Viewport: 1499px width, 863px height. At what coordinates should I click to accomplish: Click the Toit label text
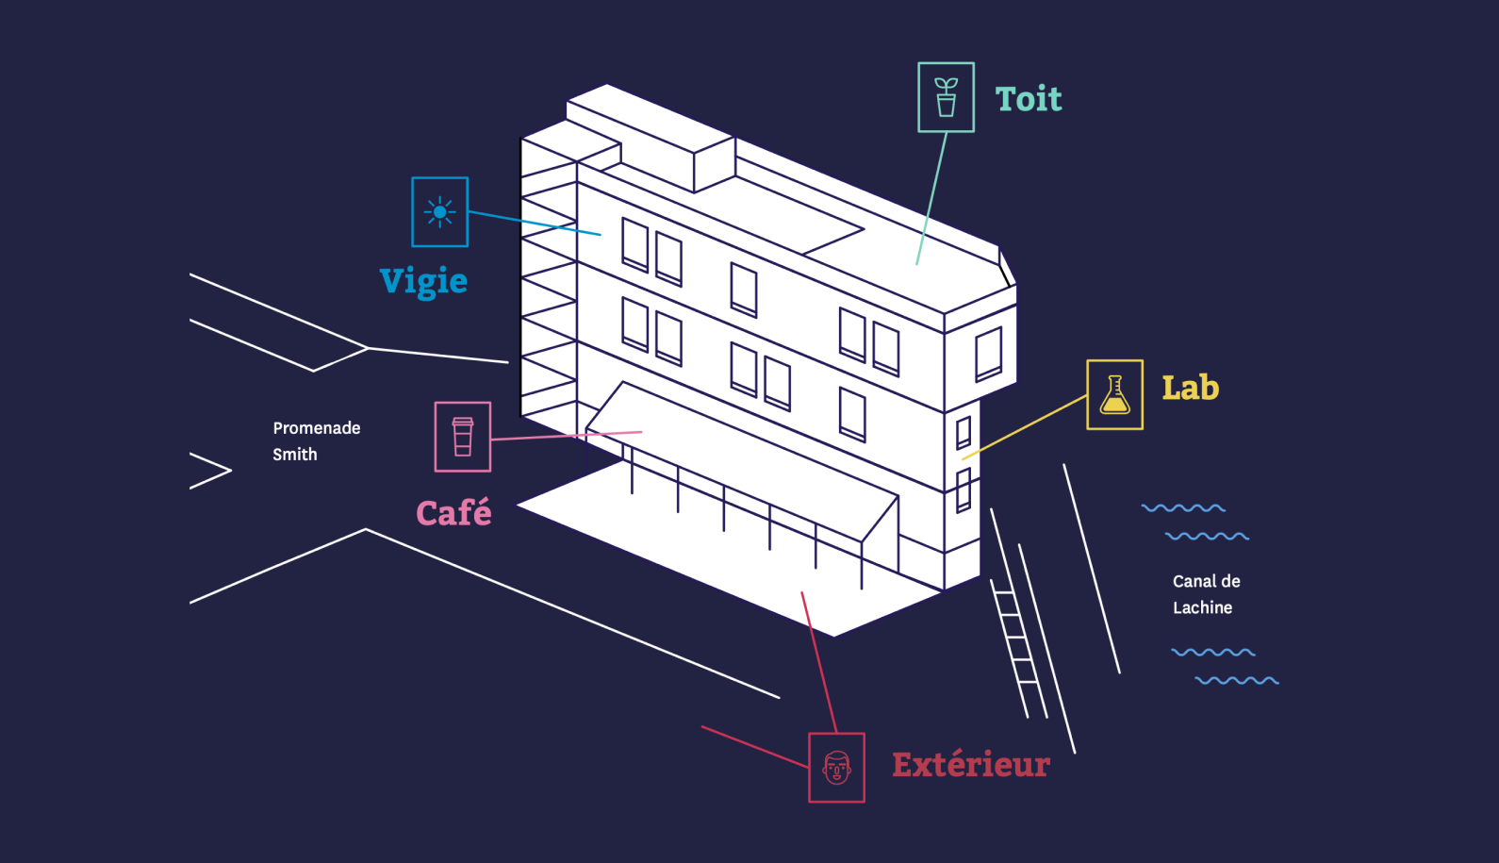[x=1028, y=99]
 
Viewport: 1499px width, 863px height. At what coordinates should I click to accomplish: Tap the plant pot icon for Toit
[x=946, y=97]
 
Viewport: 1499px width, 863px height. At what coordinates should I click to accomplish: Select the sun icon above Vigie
[x=439, y=212]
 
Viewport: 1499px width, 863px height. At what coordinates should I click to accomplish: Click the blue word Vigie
[x=423, y=281]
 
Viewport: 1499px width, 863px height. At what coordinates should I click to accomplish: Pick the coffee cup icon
[x=462, y=437]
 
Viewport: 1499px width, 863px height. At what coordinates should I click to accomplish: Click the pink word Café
[x=453, y=513]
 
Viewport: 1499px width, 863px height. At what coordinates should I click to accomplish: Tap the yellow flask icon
[x=1114, y=394]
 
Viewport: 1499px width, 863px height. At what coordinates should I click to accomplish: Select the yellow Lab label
[x=1190, y=388]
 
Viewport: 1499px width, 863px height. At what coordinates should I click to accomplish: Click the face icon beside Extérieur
[x=836, y=768]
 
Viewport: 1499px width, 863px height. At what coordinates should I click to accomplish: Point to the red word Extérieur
[x=971, y=764]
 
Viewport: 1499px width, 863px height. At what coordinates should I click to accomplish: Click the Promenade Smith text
[x=316, y=440]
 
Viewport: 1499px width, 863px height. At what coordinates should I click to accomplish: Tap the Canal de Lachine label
[x=1206, y=594]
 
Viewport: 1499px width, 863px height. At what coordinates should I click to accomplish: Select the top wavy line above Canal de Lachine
[x=1183, y=508]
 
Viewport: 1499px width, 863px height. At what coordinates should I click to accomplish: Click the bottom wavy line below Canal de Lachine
[x=1237, y=680]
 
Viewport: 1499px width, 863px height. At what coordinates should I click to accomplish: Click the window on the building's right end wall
[x=988, y=354]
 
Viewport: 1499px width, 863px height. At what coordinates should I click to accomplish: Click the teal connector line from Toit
[x=931, y=198]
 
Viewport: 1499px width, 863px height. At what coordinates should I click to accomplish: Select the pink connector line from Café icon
[x=566, y=436]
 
